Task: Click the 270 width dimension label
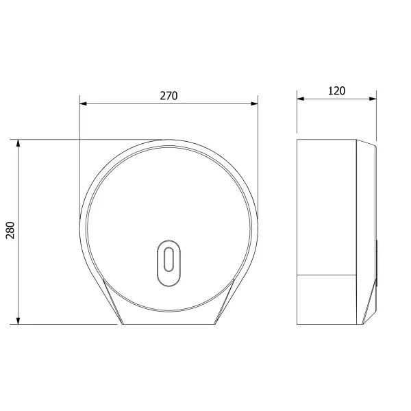pos(169,96)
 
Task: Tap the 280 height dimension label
pos(10,230)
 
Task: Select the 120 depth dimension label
pos(336,91)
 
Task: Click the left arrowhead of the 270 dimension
pos(83,103)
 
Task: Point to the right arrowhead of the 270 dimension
pos(254,103)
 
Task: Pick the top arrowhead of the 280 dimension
pos(18,143)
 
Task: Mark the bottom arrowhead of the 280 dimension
pos(18,321)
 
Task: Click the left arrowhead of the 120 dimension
pos(301,99)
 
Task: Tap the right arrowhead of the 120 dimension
pos(373,99)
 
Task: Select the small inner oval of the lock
pos(169,259)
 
